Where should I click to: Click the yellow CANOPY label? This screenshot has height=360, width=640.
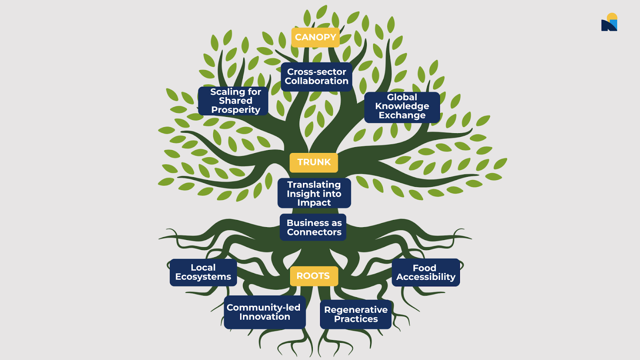pos(315,37)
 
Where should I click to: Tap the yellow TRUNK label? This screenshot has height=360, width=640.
pos(314,162)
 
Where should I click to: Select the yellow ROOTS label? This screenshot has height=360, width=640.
pos(313,276)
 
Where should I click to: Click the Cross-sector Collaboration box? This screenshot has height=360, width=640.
pos(316,76)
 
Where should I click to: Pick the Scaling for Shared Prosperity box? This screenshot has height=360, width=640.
pos(233,101)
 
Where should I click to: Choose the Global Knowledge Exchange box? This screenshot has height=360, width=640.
pos(402,107)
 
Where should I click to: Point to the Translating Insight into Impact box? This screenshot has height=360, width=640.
pos(314,193)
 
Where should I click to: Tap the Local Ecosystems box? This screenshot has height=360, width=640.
pos(203,272)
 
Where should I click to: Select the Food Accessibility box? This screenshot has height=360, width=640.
pos(426,272)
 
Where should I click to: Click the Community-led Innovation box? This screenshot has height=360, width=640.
pos(264,312)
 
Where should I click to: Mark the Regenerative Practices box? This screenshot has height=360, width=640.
pos(356,314)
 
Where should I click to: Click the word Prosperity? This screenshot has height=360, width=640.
pos(236,110)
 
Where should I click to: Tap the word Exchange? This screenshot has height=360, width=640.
pos(402,116)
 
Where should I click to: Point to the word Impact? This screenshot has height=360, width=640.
pos(314,203)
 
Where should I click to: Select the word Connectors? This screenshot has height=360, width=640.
pos(314,232)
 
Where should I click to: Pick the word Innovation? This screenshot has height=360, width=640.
pos(265,317)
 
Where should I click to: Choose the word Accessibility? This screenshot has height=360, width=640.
pos(426,277)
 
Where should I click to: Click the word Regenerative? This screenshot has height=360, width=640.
pos(356,310)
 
